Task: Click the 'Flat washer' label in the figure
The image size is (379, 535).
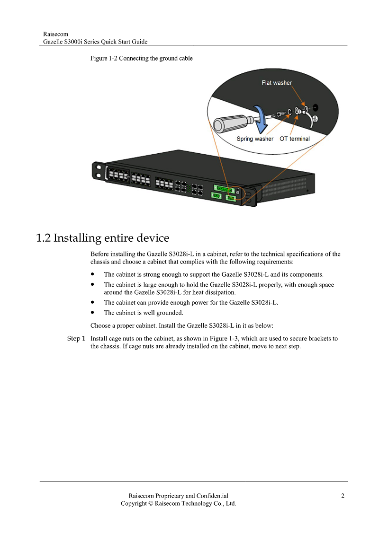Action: [277, 83]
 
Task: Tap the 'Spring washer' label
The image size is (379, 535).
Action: [255, 139]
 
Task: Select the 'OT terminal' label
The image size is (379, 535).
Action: [295, 139]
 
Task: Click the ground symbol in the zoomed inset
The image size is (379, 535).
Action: [315, 119]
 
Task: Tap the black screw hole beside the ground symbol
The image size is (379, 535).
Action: [315, 108]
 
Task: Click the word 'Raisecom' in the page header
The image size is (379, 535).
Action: [56, 34]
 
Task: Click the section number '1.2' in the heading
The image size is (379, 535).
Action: [44, 238]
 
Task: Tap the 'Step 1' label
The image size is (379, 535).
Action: [76, 339]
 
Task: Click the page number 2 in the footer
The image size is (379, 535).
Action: [343, 496]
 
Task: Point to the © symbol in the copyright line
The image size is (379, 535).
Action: [150, 504]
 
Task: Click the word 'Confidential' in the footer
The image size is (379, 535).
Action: [212, 496]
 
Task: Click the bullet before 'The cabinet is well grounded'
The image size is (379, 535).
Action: [92, 312]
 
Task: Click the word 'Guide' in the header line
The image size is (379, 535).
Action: [140, 42]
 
